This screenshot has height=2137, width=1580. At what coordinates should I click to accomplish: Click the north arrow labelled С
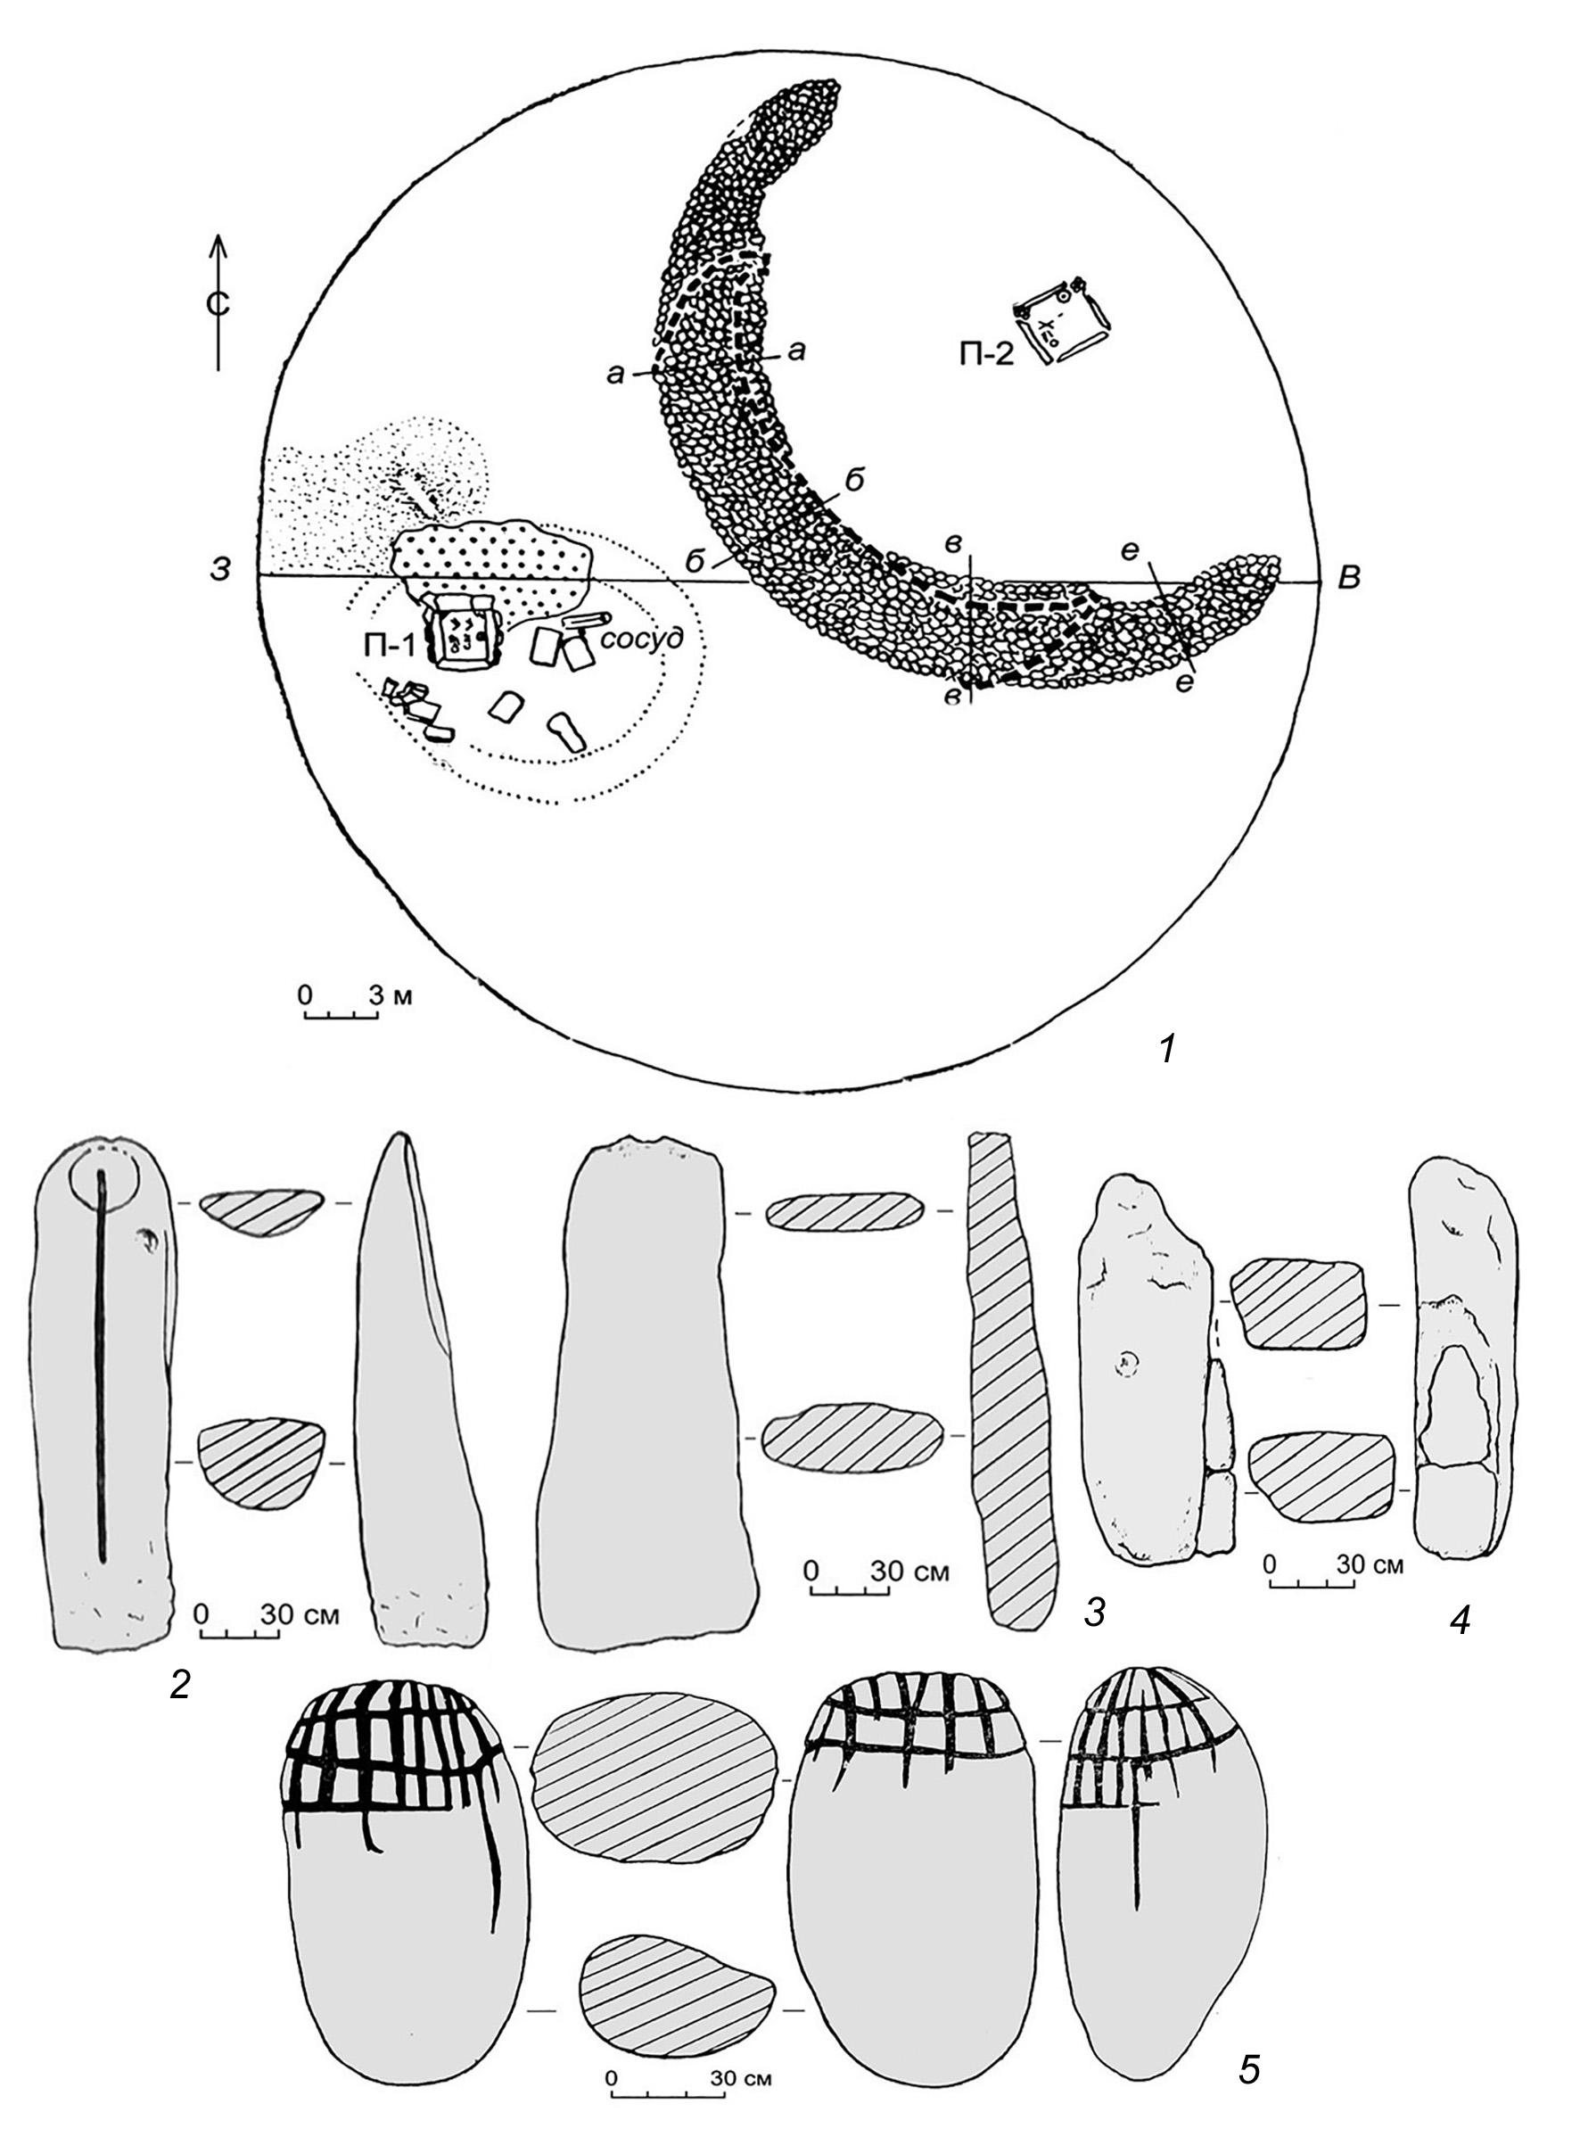pyautogui.click(x=219, y=301)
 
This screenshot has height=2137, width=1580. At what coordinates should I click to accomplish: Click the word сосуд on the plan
pyautogui.click(x=642, y=638)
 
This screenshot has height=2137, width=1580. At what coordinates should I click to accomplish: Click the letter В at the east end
pyautogui.click(x=1348, y=577)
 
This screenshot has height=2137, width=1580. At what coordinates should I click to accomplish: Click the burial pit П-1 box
pyautogui.click(x=463, y=631)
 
